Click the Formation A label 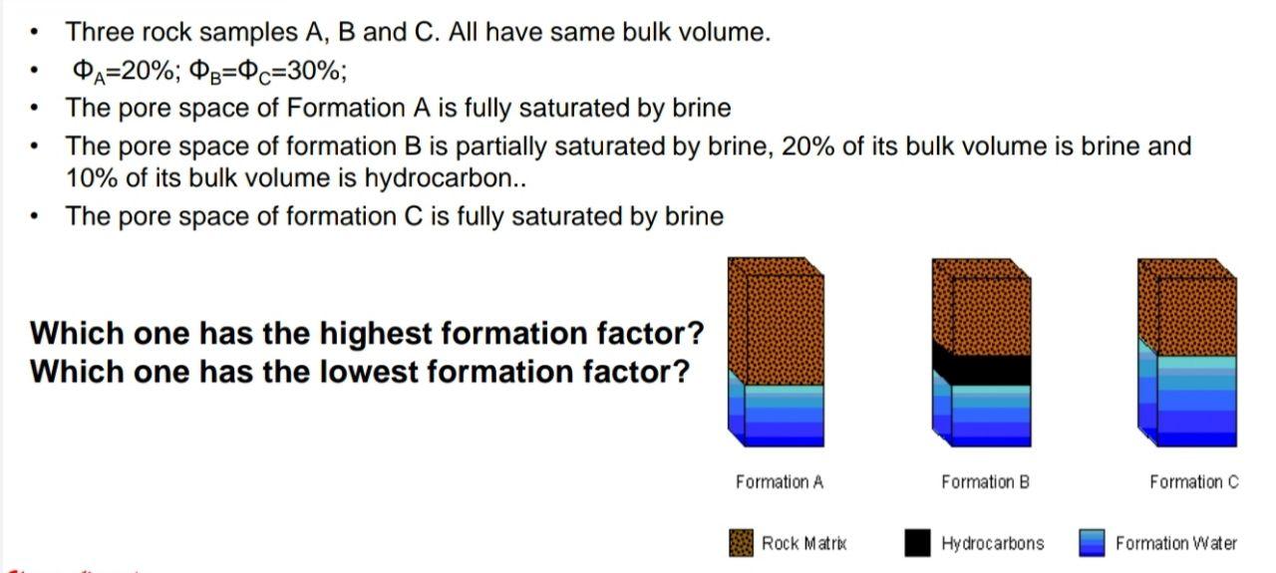pos(779,482)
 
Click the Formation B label pos(985,482)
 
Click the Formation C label pos(1193,482)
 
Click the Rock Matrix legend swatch pos(742,543)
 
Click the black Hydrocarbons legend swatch pos(917,543)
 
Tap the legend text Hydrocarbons pos(992,543)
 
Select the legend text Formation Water pos(1175,543)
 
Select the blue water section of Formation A pos(783,414)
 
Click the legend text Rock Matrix pos(803,543)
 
